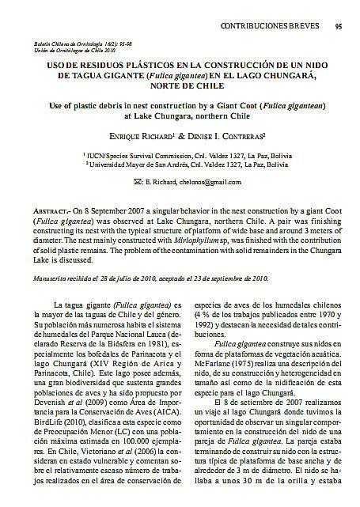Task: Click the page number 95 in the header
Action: click(x=339, y=26)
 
